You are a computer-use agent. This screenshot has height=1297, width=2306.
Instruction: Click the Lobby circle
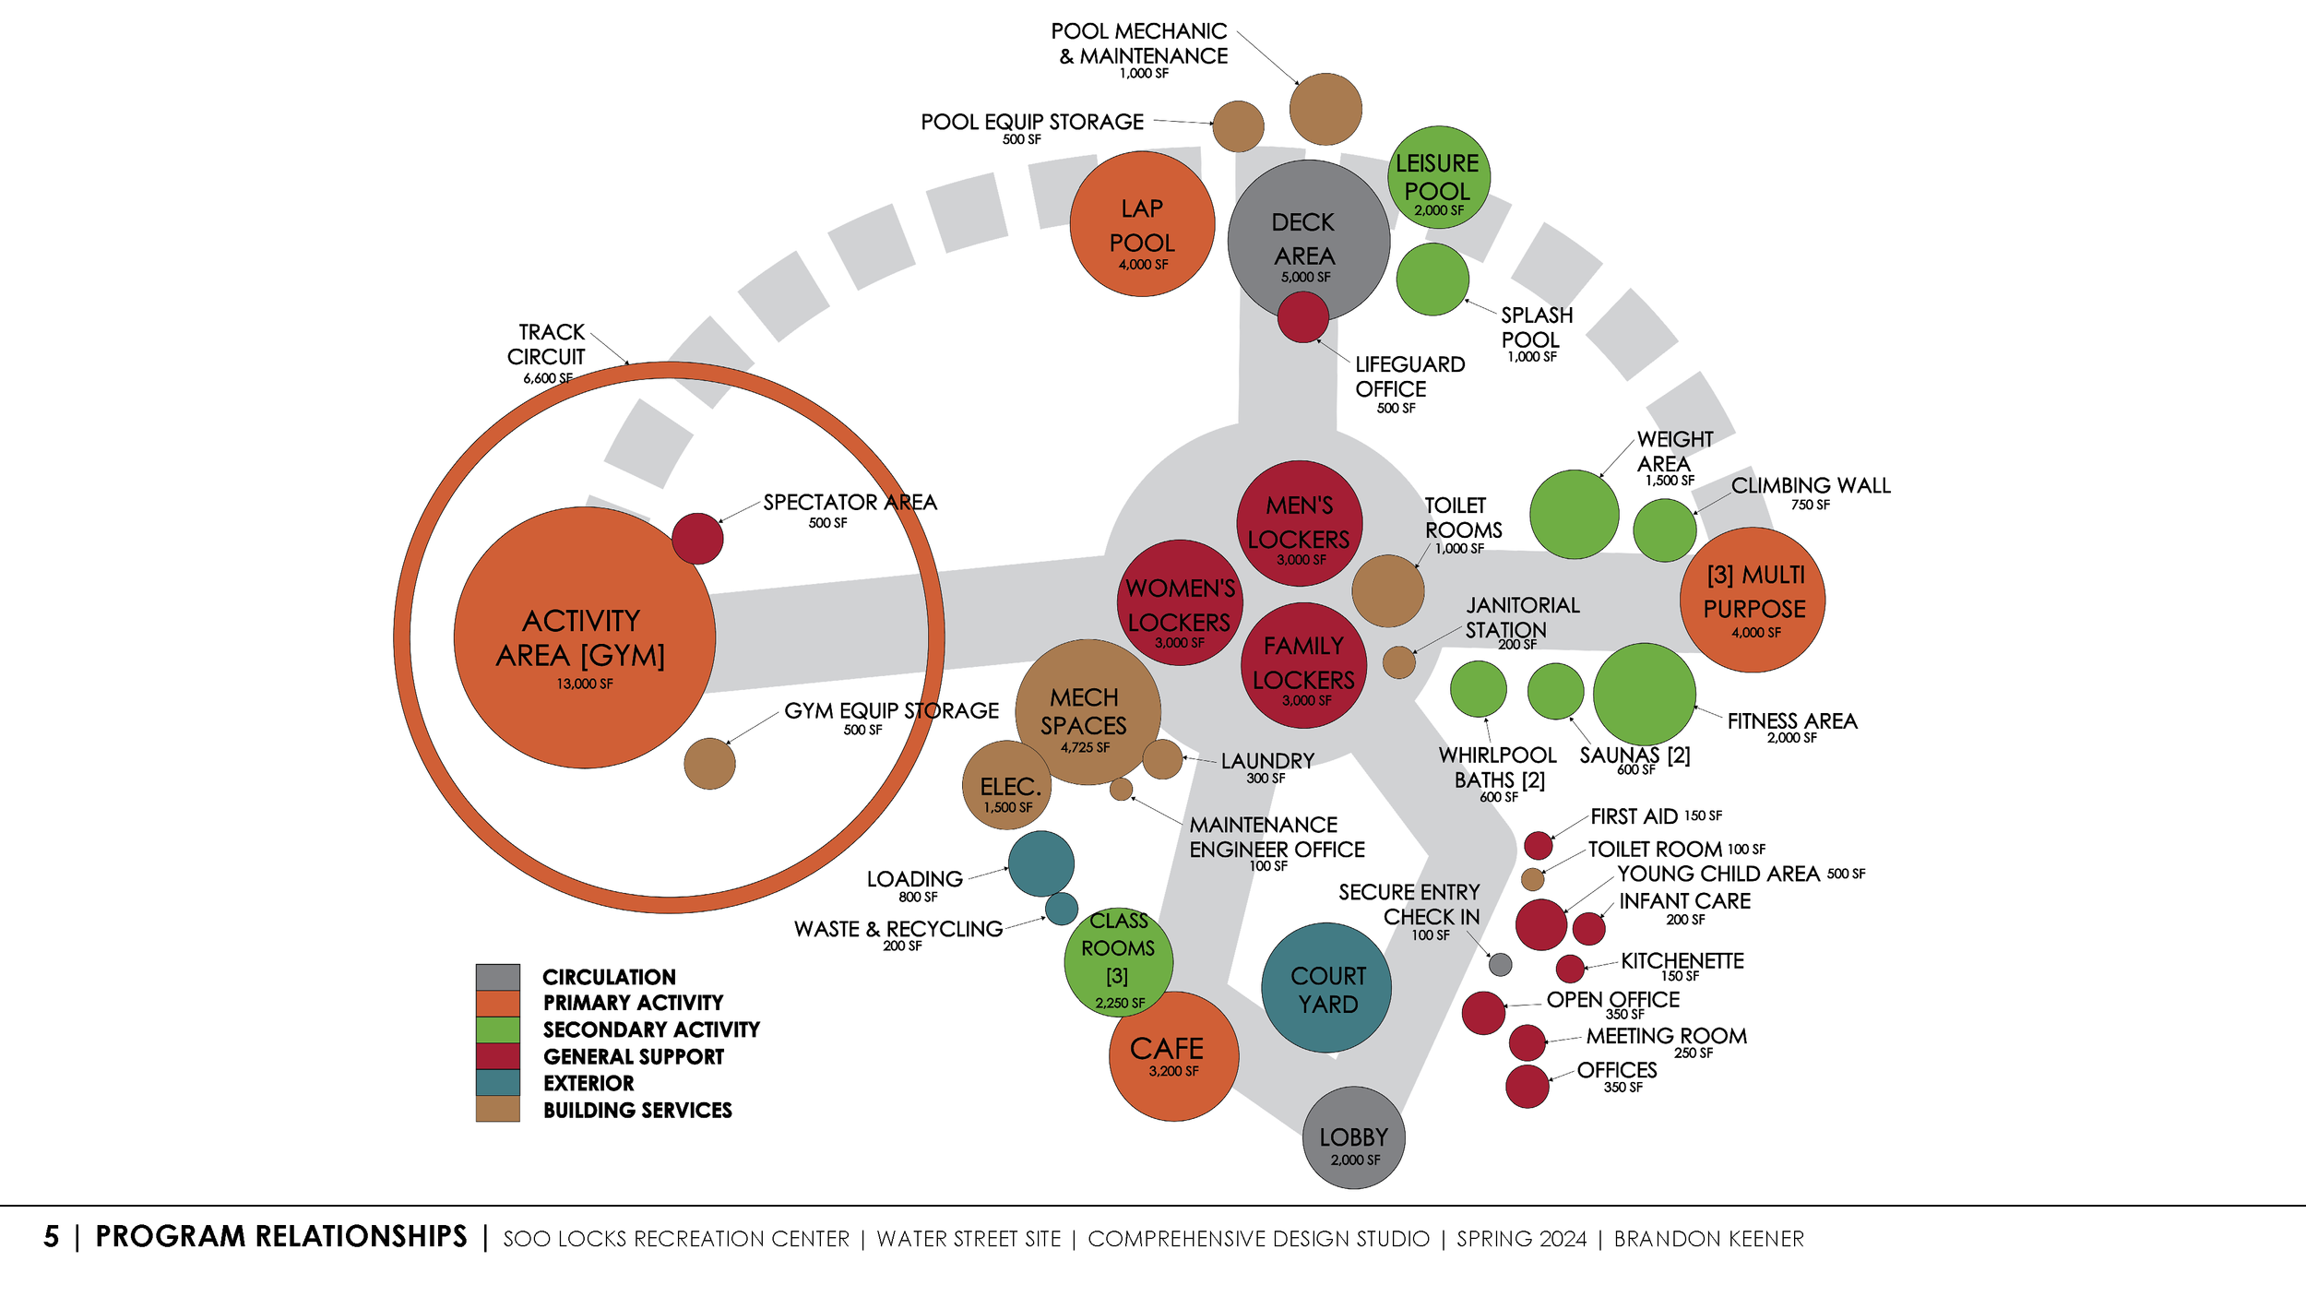[1353, 1137]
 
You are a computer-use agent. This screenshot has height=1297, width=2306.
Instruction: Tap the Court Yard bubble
[1326, 988]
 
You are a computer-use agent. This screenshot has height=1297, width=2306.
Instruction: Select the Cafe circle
[1173, 1057]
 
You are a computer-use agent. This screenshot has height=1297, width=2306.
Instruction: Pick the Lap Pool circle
[1142, 224]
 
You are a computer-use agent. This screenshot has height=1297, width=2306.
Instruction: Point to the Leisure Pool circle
[1438, 177]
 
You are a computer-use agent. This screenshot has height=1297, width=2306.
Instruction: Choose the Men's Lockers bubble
[1299, 523]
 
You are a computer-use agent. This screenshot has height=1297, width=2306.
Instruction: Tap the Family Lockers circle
[1303, 664]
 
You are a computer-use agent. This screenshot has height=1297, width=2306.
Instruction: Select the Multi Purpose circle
[1752, 600]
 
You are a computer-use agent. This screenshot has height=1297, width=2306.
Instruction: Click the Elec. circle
[1007, 786]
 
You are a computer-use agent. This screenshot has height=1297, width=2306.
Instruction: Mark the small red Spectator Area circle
[697, 539]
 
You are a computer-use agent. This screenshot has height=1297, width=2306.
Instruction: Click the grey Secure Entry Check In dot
[1501, 965]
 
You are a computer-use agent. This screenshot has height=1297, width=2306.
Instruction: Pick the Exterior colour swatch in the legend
[498, 1082]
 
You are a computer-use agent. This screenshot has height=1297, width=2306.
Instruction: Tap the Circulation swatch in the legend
[498, 977]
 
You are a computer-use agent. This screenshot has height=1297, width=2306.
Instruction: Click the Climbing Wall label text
[1810, 485]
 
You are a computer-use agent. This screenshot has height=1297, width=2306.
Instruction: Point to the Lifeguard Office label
[1409, 376]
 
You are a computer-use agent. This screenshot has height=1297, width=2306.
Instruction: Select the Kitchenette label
[1682, 961]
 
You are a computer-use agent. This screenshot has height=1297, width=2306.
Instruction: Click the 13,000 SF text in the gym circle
[584, 684]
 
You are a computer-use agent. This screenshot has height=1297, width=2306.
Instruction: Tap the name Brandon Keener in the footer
[1708, 1239]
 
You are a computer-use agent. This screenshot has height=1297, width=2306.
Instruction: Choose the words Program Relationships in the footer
[281, 1237]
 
